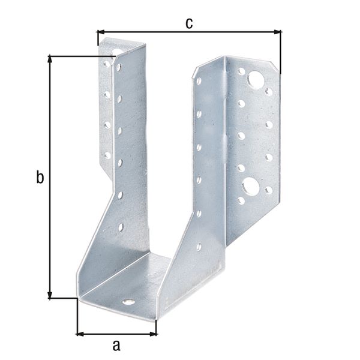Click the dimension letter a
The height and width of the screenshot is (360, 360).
pos(116,345)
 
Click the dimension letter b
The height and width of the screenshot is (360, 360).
pos(40,178)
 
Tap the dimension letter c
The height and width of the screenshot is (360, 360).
pos(188,23)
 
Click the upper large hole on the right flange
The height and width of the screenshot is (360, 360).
pos(256,79)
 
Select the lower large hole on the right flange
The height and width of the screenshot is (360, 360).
pos(251,186)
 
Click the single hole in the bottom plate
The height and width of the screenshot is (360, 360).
pos(127,301)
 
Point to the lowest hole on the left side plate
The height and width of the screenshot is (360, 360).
pos(121,227)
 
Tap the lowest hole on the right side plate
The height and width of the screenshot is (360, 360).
pos(199,245)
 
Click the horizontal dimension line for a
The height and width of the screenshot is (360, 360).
pos(116,333)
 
